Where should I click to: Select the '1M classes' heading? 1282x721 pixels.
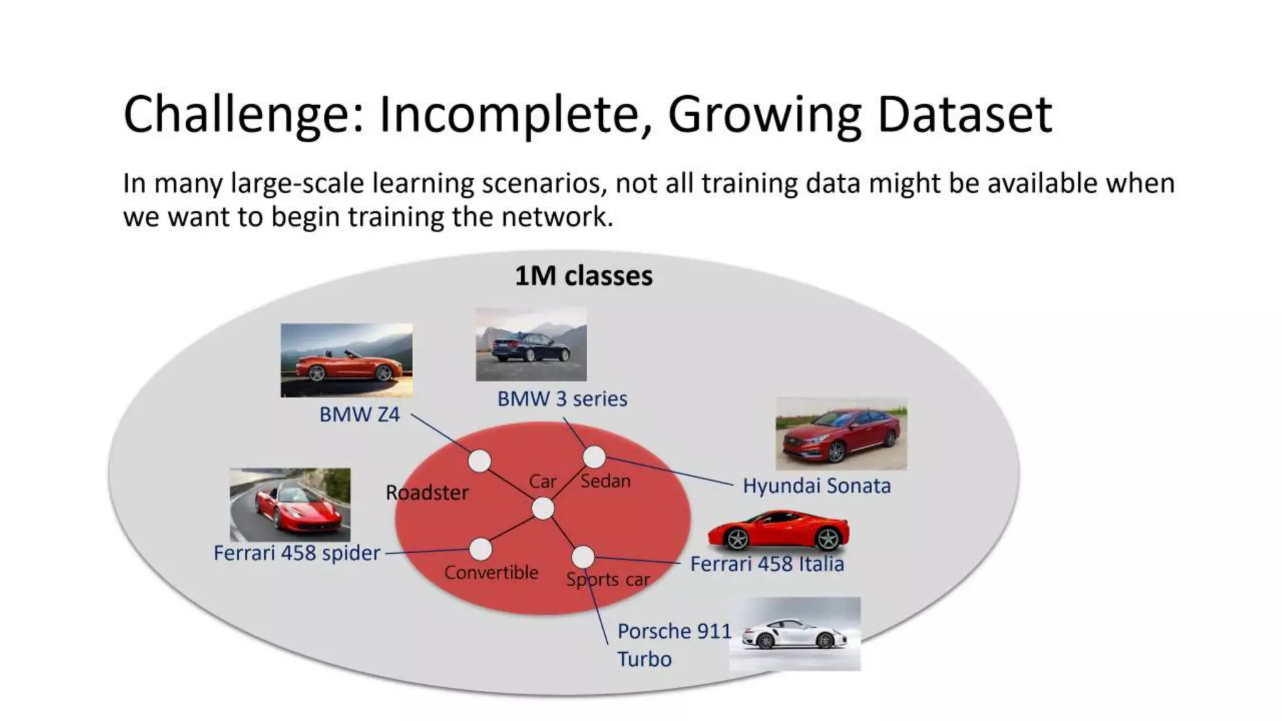[583, 276]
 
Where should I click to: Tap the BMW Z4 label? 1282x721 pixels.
[359, 414]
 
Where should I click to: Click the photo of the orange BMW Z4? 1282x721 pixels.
[346, 360]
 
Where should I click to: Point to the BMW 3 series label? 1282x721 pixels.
[562, 399]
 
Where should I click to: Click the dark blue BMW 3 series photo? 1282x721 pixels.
[531, 344]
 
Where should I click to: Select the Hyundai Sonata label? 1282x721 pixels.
[816, 486]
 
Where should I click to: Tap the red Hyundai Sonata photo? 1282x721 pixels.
[841, 434]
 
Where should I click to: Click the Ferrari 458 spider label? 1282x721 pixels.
[297, 553]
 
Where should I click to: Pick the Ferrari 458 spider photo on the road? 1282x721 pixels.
[290, 504]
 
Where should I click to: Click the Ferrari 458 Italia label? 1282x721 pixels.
[767, 565]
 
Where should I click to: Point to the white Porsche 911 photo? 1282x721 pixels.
[794, 633]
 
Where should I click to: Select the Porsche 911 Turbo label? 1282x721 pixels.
[673, 645]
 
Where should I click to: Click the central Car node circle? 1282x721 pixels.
[543, 509]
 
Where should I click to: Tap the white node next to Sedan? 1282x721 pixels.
[594, 458]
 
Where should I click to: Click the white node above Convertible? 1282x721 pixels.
[480, 550]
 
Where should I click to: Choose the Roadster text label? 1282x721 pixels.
[427, 493]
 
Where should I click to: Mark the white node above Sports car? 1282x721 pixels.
[583, 556]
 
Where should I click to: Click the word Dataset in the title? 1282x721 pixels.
[964, 115]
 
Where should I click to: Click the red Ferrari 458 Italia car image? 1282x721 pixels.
[778, 531]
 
